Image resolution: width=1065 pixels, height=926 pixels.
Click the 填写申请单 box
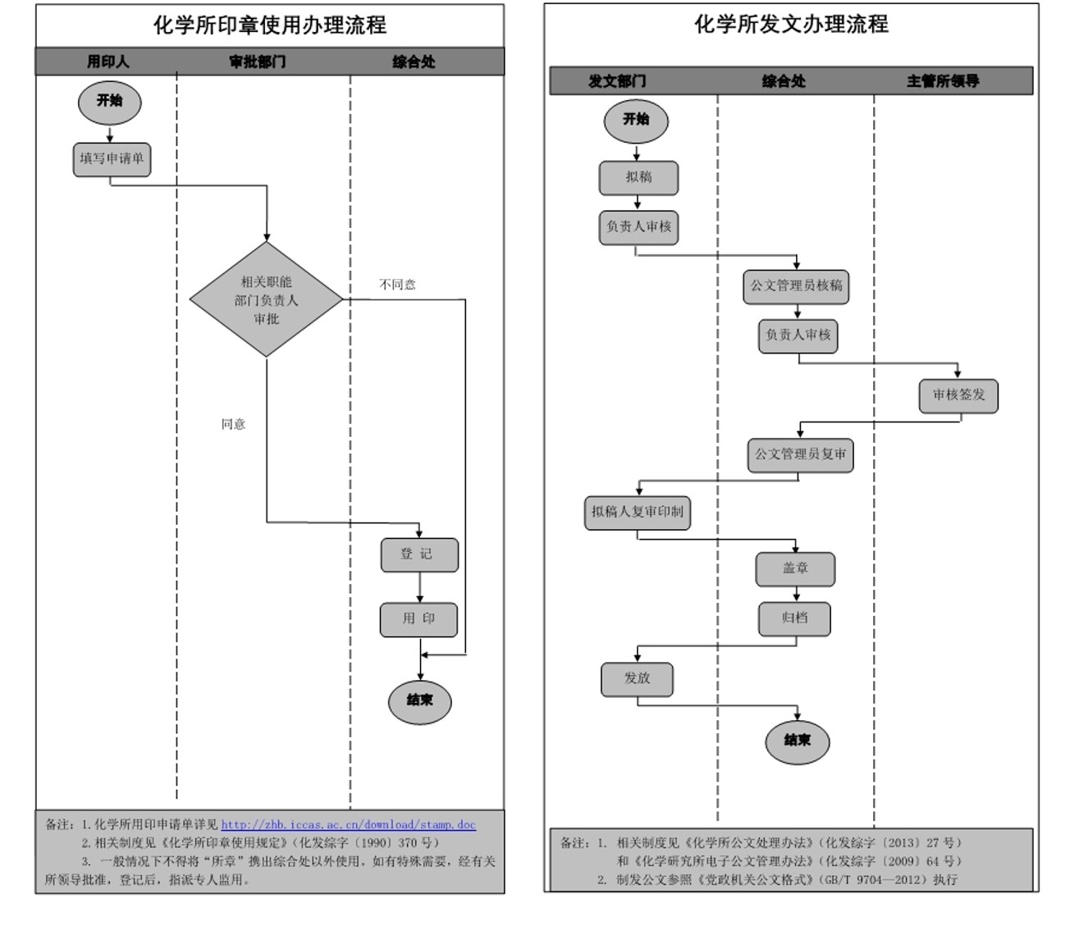(112, 159)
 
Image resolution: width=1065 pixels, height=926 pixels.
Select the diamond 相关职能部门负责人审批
(266, 299)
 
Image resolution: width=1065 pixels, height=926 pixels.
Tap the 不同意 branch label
(397, 285)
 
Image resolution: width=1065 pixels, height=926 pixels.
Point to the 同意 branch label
(233, 424)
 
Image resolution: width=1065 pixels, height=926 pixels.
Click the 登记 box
(418, 554)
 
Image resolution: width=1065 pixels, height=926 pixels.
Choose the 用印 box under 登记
(418, 619)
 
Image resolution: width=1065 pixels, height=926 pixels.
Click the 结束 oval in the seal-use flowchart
(419, 701)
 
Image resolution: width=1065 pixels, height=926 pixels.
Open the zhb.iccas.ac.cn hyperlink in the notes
(348, 824)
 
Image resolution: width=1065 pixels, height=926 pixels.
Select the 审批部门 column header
(258, 62)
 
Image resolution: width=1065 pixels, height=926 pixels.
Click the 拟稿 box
(638, 177)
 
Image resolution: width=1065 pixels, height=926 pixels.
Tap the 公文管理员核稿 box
(796, 286)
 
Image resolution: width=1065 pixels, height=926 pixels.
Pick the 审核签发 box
(958, 395)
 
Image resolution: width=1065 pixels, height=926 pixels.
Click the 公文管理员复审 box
(800, 454)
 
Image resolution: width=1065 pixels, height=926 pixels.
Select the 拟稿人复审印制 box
(638, 512)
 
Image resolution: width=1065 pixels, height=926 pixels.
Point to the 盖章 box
(795, 568)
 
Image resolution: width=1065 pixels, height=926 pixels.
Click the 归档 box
(794, 618)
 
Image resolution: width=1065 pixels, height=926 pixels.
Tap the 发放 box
(637, 678)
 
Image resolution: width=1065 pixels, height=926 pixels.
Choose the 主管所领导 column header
(943, 81)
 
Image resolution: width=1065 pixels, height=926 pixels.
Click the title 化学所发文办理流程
(791, 25)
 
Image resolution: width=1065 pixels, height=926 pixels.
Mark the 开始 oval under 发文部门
(636, 120)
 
